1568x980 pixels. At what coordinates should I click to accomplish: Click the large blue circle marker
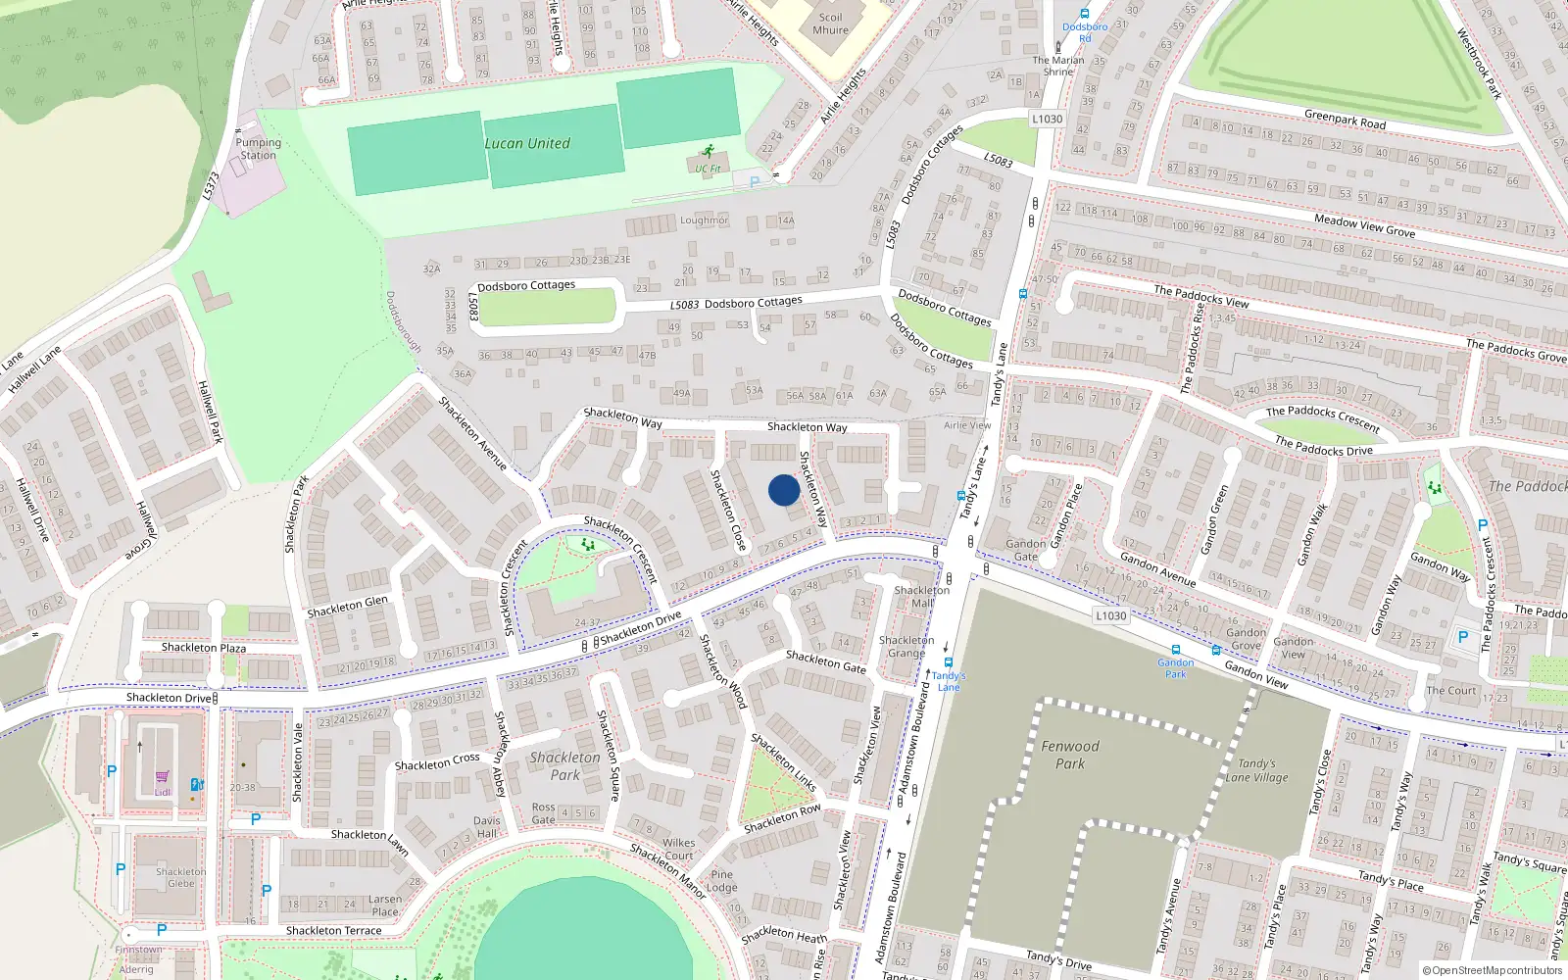[x=784, y=490]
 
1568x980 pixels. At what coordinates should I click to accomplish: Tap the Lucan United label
[x=527, y=143]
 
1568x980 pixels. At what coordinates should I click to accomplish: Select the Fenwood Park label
[x=1070, y=755]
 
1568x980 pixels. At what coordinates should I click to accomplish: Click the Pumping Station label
[x=258, y=149]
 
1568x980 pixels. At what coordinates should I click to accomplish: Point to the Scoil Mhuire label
[x=830, y=24]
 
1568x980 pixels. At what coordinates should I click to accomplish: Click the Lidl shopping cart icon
[x=162, y=777]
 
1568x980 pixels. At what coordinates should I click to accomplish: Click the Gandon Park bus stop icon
[x=1176, y=650]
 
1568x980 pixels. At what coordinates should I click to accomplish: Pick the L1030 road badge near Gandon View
[x=1110, y=615]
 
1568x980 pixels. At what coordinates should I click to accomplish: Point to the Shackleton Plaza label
[x=204, y=648]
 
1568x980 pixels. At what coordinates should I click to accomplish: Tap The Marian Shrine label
[x=1058, y=66]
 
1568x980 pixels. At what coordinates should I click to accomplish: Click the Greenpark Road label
[x=1345, y=120]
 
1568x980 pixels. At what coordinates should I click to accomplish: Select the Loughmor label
[x=705, y=220]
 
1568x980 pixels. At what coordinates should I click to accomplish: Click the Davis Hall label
[x=487, y=827]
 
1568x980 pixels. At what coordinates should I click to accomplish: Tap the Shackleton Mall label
[x=922, y=596]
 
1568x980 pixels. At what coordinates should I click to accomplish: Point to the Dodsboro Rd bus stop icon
[x=1085, y=14]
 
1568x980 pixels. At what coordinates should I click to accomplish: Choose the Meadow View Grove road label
[x=1364, y=226]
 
